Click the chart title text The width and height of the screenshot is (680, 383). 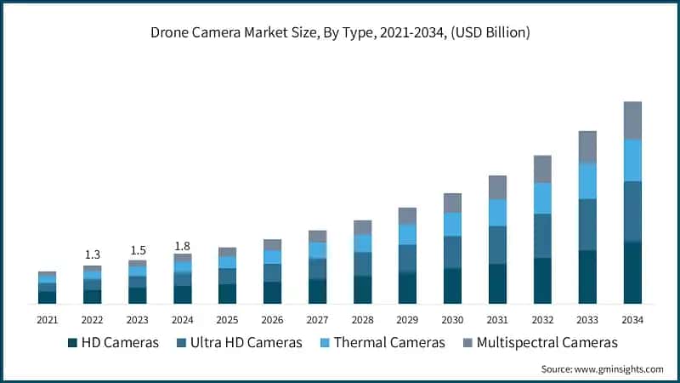click(340, 33)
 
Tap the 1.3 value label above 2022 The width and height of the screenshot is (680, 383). click(92, 254)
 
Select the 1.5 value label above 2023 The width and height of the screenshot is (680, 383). click(137, 249)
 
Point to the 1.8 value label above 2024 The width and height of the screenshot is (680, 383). click(182, 246)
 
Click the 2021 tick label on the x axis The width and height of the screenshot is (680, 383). click(47, 320)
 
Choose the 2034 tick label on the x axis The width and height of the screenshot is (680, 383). click(632, 320)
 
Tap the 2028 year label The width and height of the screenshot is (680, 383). click(362, 320)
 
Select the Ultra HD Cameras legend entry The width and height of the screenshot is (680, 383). click(240, 342)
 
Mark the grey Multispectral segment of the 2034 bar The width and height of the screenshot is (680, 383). click(632, 120)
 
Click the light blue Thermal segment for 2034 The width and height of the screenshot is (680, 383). click(632, 160)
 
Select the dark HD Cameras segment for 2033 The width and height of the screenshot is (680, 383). click(587, 277)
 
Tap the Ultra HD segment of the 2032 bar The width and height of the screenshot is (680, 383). click(542, 236)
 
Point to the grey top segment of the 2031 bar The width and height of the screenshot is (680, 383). click(497, 187)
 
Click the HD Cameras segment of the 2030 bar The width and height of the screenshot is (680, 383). click(452, 286)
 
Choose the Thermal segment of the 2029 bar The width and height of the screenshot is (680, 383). click(407, 234)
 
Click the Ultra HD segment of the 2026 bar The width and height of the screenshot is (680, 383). click(272, 272)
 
